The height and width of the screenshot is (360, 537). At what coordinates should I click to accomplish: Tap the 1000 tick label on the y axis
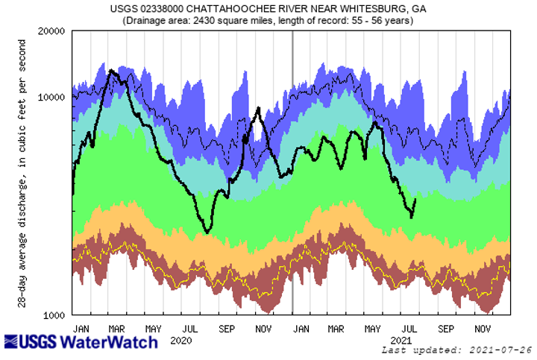pyautogui.click(x=55, y=315)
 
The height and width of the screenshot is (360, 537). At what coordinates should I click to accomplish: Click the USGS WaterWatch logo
pyautogui.click(x=81, y=341)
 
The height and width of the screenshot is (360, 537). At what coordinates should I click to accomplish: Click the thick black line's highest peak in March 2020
pyautogui.click(x=111, y=71)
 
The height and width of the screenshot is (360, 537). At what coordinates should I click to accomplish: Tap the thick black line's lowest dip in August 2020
pyautogui.click(x=207, y=233)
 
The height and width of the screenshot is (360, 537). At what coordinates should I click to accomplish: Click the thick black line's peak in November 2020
pyautogui.click(x=258, y=109)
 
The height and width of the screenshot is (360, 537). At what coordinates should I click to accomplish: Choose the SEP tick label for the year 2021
pyautogui.click(x=446, y=327)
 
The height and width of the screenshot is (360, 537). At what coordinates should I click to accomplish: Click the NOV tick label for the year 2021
pyautogui.click(x=483, y=327)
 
